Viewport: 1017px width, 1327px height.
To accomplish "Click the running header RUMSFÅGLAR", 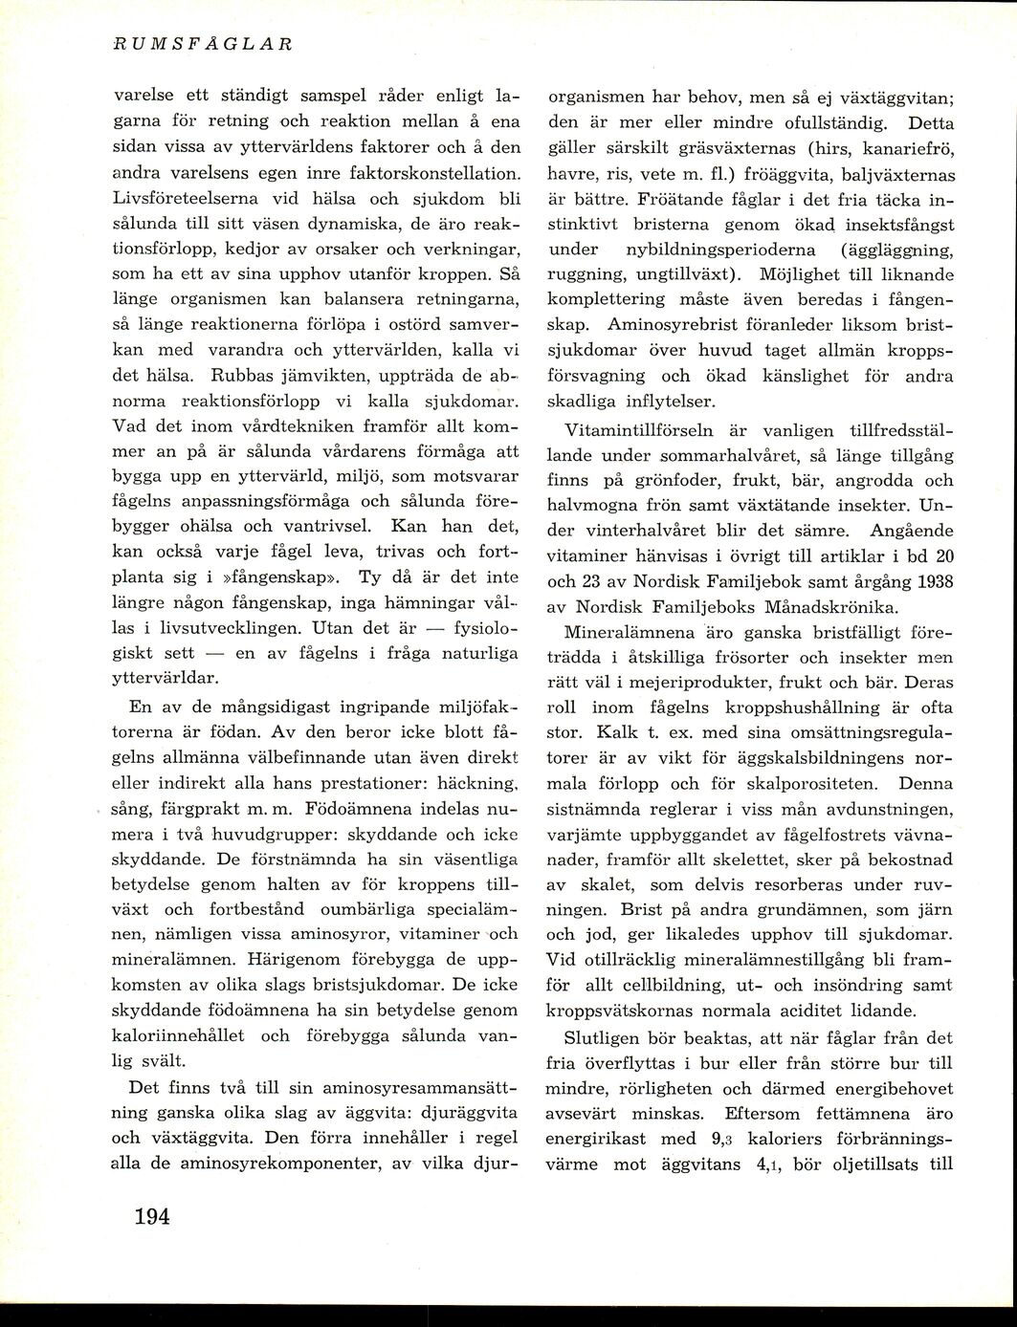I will [202, 43].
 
